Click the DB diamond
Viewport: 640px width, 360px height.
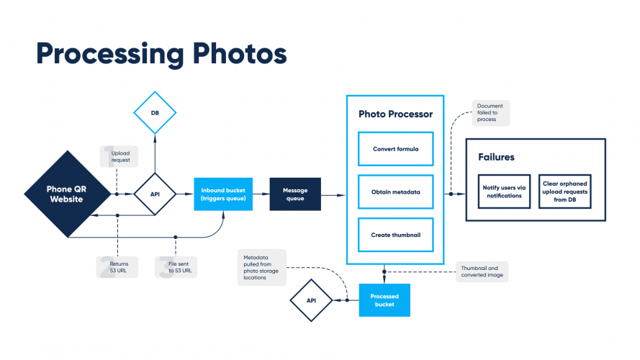coord(155,113)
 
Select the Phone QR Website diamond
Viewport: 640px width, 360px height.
coord(70,194)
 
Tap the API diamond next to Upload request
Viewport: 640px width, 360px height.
coord(155,194)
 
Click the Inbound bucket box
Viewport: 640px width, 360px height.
coord(223,194)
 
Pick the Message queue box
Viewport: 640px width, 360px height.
coord(295,194)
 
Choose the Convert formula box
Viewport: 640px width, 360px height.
coord(395,149)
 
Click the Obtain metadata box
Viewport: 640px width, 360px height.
coord(395,192)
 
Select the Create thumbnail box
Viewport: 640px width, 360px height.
coord(395,235)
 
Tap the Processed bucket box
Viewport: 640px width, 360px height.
coord(384,300)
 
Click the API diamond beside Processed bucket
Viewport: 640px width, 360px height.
coord(310,300)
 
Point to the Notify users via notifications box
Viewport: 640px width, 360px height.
coord(504,191)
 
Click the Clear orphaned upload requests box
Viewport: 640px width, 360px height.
coord(565,191)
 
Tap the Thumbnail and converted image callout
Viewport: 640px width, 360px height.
coord(482,271)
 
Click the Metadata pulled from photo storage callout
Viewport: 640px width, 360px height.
coord(261,266)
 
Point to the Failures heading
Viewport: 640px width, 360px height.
coord(496,156)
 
